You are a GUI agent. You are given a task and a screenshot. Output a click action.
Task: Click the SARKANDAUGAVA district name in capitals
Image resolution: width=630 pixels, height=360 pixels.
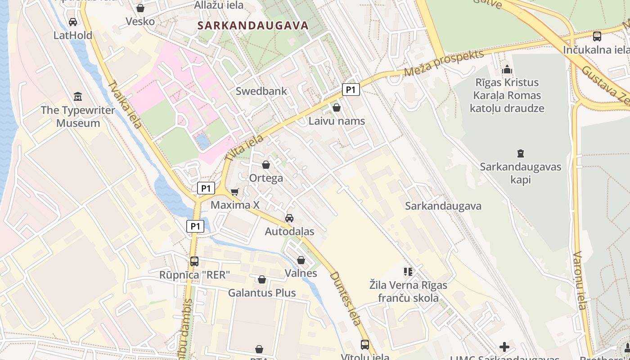click(253, 26)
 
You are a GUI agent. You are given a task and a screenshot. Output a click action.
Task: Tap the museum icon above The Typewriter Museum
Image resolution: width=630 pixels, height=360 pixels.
click(78, 96)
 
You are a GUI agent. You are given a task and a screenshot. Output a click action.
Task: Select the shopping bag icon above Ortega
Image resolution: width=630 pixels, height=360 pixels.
click(266, 165)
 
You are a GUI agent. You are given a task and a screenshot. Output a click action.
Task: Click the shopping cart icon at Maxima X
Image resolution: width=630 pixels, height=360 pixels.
click(234, 192)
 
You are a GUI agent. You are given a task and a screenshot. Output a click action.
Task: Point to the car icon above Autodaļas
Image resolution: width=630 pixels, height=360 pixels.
click(289, 218)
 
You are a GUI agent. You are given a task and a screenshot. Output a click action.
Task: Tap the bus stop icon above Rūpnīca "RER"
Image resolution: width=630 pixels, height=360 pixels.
click(194, 261)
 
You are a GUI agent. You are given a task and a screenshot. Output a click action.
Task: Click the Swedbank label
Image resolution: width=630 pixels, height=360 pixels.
click(261, 91)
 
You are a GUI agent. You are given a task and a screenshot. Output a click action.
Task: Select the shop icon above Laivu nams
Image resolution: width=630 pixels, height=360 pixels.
click(337, 108)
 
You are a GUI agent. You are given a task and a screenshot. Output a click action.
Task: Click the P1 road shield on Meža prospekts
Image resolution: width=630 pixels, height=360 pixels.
click(351, 90)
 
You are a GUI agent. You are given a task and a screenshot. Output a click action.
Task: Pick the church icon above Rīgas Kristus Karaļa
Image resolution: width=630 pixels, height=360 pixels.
click(507, 69)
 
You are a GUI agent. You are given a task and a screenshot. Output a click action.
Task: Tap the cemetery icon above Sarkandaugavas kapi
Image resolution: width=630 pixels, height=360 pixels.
click(521, 153)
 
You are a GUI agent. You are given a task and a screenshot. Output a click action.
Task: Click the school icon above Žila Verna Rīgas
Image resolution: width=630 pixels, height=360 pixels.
click(408, 271)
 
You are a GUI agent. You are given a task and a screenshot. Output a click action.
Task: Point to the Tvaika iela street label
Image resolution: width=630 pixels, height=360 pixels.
click(125, 104)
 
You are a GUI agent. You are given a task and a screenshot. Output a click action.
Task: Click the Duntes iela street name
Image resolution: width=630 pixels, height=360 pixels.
click(346, 298)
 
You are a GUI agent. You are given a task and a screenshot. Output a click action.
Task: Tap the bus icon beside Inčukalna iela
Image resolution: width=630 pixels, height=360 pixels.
click(597, 36)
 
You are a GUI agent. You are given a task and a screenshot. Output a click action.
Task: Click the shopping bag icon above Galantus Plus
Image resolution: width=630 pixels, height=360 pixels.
click(262, 279)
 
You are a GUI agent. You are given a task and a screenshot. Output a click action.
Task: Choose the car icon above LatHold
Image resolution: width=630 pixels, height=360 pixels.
click(73, 22)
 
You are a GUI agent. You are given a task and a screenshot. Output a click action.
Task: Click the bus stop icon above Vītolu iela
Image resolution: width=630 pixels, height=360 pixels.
click(365, 344)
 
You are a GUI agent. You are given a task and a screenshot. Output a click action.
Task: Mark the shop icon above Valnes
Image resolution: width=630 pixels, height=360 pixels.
click(301, 260)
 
